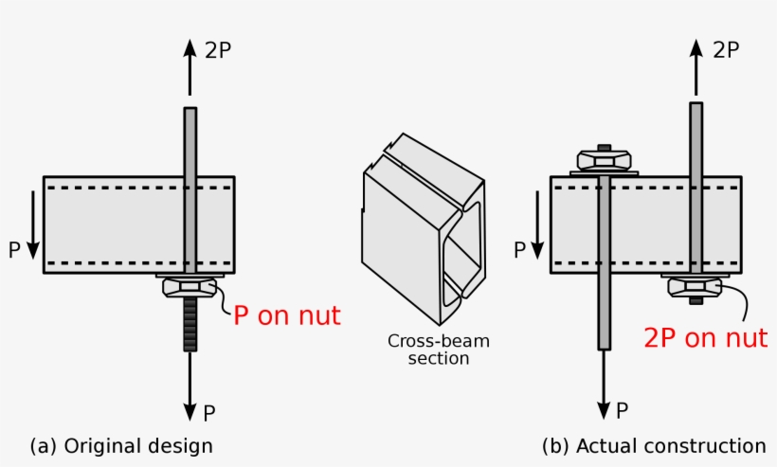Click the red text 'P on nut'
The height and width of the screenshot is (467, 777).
tap(286, 315)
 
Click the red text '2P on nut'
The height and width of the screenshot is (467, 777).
tap(705, 338)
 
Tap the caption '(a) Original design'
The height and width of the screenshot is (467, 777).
tap(121, 445)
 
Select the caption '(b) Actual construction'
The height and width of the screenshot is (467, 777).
tap(654, 445)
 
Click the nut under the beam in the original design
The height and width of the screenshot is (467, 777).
tap(190, 286)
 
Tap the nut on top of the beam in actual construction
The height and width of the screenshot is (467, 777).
tap(604, 158)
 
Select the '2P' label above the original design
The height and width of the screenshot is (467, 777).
tap(217, 51)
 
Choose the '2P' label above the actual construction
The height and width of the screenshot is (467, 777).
tap(725, 51)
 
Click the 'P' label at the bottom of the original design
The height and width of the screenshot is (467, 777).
tap(209, 412)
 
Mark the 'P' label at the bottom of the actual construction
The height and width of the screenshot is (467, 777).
tap(623, 411)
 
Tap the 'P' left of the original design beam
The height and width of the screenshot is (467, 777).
tap(13, 250)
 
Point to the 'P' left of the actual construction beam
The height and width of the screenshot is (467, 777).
tap(519, 250)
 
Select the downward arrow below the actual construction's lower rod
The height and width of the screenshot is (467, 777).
tap(603, 388)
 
